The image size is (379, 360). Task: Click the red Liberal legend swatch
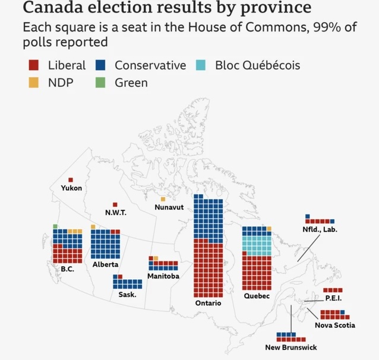[x=34, y=65]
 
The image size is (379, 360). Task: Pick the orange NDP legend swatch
[x=34, y=83]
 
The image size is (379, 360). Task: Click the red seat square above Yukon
[x=71, y=179]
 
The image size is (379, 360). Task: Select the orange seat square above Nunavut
[x=163, y=199]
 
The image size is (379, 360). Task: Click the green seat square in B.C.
[x=55, y=226]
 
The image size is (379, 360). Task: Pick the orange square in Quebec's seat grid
[x=269, y=229]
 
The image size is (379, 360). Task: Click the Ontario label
[x=208, y=303]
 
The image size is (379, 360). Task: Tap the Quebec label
[x=257, y=295]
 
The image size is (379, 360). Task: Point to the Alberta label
[x=105, y=264]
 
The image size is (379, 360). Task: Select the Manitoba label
[x=164, y=276]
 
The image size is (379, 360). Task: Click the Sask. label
[x=127, y=295]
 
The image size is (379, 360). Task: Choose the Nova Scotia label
[x=335, y=325]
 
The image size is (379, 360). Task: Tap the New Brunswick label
[x=291, y=348]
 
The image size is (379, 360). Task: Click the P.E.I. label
[x=333, y=298]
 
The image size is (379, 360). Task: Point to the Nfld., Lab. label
[x=320, y=229]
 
